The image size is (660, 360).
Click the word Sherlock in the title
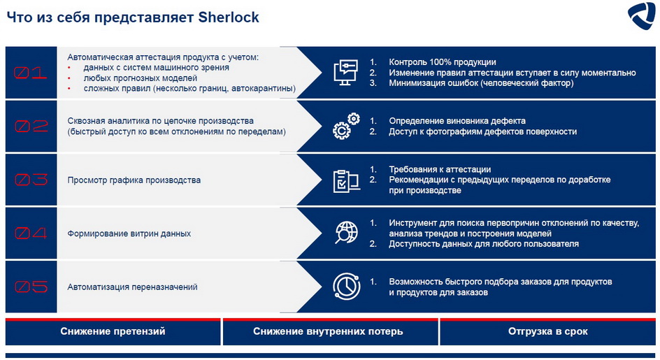(229, 17)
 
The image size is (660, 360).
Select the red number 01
(30, 73)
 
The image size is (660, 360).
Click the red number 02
(31, 126)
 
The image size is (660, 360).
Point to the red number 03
(31, 180)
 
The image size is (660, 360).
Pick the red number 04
(31, 233)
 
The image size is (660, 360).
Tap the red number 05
(31, 287)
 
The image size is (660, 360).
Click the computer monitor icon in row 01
(345, 73)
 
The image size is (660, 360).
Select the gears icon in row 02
(346, 126)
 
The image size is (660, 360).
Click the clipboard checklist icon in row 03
(346, 181)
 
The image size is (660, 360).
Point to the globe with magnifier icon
(346, 232)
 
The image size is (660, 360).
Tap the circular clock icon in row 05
(346, 287)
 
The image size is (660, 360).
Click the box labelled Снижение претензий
(113, 332)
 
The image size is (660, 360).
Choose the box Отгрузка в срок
(547, 332)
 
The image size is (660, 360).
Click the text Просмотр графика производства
(134, 180)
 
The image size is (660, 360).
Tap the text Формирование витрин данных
(129, 233)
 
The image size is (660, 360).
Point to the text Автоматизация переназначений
(132, 287)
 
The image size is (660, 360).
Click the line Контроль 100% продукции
(443, 62)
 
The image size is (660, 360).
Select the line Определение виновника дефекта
(457, 121)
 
